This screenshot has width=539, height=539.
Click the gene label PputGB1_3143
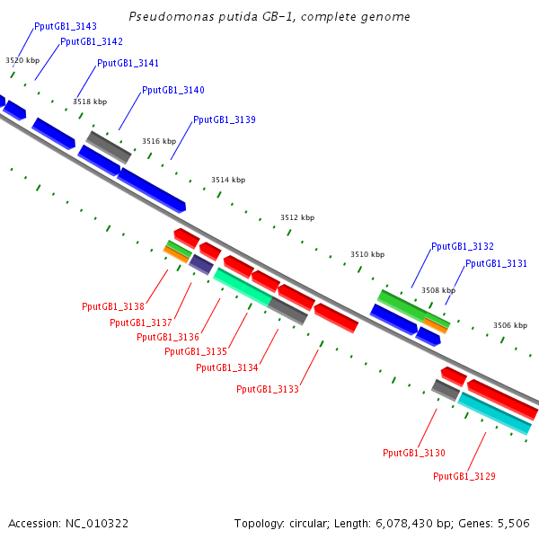pyautogui.click(x=66, y=27)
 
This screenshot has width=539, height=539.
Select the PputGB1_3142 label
pyautogui.click(x=92, y=42)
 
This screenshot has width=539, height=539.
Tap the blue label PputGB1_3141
pyautogui.click(x=128, y=64)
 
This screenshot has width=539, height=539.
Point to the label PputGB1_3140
pyautogui.click(x=173, y=91)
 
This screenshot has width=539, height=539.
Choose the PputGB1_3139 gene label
pyautogui.click(x=225, y=120)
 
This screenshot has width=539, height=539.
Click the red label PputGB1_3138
pyautogui.click(x=113, y=307)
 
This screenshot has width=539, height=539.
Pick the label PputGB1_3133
pyautogui.click(x=268, y=390)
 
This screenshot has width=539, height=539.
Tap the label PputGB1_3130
pyautogui.click(x=414, y=454)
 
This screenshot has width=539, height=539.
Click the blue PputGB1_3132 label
pyautogui.click(x=463, y=246)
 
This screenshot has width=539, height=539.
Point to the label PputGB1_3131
pyautogui.click(x=497, y=264)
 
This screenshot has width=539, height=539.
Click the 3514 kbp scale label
pyautogui.click(x=228, y=181)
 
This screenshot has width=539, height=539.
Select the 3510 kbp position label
pyautogui.click(x=367, y=255)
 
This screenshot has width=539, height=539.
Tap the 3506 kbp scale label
pyautogui.click(x=510, y=325)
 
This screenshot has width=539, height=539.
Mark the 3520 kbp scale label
pyautogui.click(x=22, y=60)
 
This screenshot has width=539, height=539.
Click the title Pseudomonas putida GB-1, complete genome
pyautogui.click(x=269, y=17)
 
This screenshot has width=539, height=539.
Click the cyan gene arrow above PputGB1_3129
pyautogui.click(x=495, y=413)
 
